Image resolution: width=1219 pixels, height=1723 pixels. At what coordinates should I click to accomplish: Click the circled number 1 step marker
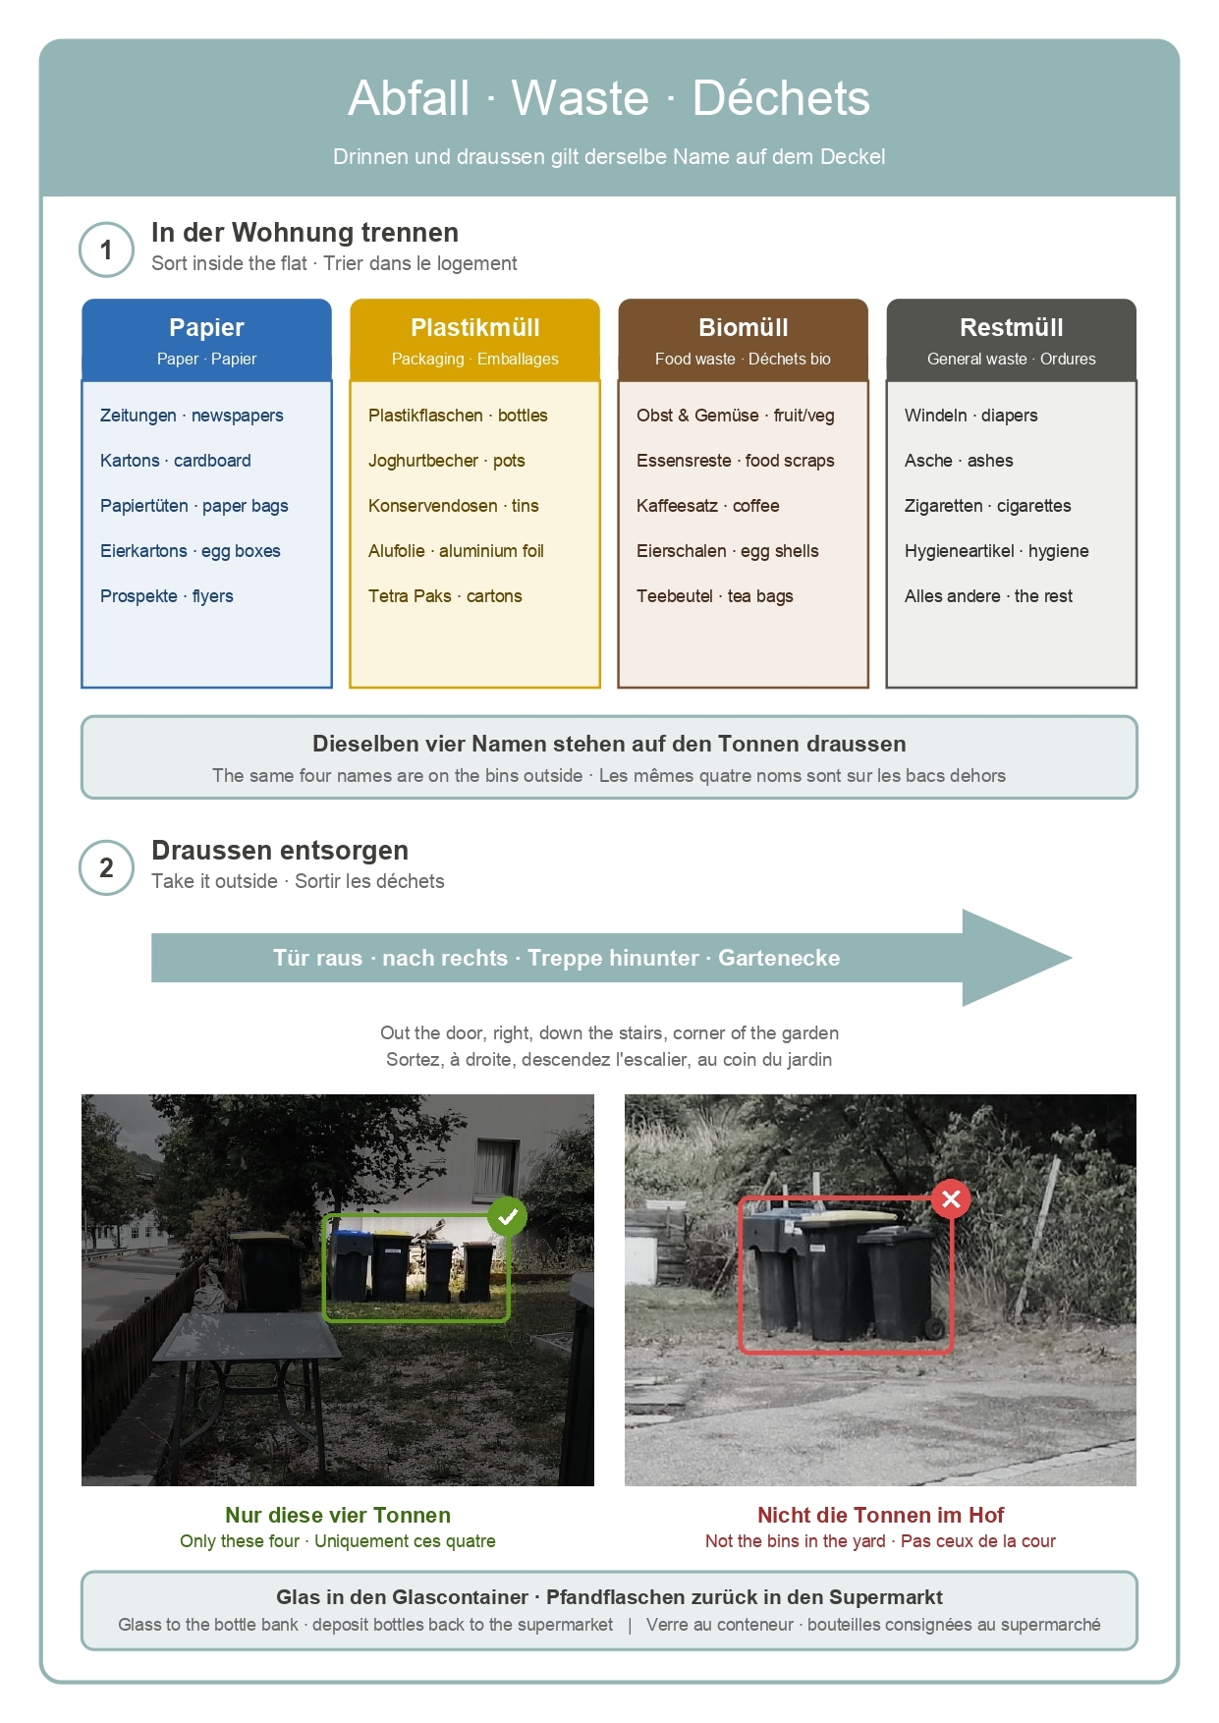tap(106, 250)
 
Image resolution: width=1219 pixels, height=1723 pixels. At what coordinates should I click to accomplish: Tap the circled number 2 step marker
tap(106, 867)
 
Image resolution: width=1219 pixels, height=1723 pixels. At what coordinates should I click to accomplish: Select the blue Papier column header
tap(206, 340)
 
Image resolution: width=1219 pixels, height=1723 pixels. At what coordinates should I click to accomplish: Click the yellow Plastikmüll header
tap(474, 340)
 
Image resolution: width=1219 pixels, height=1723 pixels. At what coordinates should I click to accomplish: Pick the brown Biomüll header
tap(743, 340)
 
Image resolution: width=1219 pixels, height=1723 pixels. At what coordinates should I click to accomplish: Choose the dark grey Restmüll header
tap(1011, 340)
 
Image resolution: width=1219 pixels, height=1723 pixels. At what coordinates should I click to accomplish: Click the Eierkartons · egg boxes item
tap(191, 551)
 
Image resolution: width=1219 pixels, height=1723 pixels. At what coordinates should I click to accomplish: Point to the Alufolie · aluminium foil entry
tap(456, 551)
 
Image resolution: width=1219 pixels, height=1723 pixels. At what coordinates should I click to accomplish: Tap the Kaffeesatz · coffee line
tap(708, 506)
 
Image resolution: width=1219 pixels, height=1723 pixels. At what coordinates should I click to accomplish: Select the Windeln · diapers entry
tap(971, 416)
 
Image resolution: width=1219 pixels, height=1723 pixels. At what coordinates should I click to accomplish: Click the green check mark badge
tap(507, 1217)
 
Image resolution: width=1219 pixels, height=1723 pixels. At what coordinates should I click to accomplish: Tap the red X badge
tap(951, 1198)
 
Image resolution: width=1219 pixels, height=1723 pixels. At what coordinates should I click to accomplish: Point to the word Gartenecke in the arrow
tap(779, 958)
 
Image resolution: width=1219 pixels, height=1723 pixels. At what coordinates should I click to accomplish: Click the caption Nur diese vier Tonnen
tap(338, 1515)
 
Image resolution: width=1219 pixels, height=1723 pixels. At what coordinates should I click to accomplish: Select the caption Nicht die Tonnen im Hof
tap(880, 1515)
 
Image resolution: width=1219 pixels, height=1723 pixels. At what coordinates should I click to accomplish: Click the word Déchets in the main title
tap(781, 98)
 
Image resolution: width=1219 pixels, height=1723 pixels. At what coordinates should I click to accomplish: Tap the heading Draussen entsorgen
tap(280, 851)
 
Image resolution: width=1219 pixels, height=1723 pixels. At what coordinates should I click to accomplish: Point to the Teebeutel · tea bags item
tap(715, 596)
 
